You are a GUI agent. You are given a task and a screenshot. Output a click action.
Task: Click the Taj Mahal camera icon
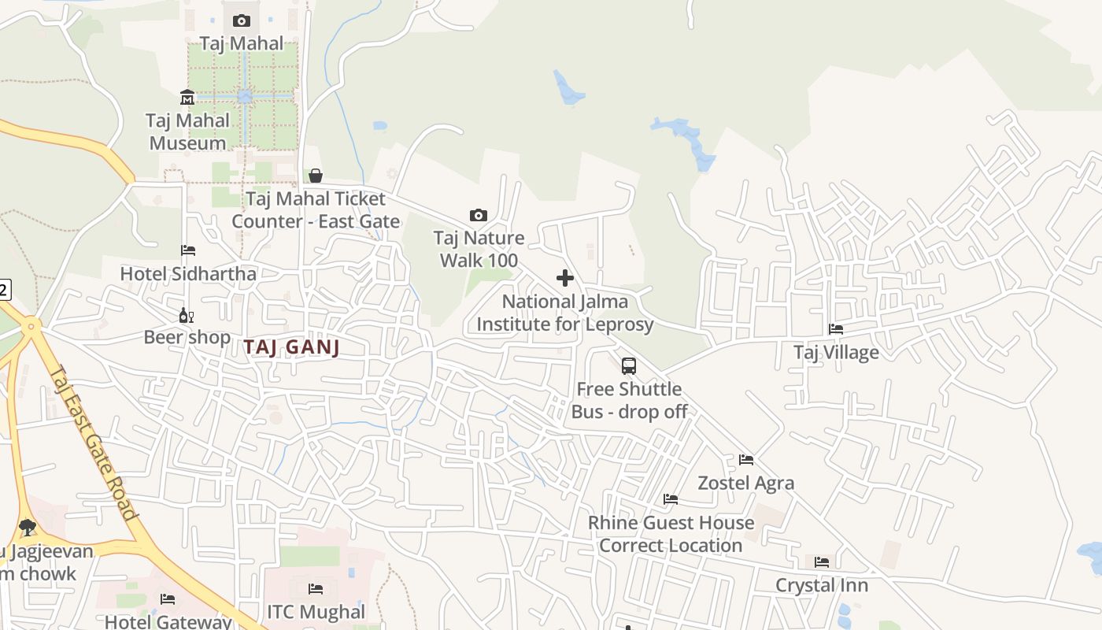[x=242, y=20]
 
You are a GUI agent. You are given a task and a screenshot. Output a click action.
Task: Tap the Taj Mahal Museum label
[x=187, y=132]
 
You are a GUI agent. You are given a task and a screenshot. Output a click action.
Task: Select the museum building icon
[x=187, y=98]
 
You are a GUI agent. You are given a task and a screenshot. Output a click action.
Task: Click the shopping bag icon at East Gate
[x=316, y=176]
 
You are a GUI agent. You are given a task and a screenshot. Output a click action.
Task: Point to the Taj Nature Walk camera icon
[x=478, y=215]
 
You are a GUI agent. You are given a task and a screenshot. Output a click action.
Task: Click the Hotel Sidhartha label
[x=188, y=273]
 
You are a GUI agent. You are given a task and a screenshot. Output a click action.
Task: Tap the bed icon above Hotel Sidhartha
[x=188, y=250]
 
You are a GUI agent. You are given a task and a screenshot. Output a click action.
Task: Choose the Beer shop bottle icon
[x=187, y=316]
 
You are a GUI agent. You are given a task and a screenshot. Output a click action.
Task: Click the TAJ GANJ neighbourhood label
[x=291, y=347]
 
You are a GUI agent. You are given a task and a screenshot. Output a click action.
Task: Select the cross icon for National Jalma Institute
[x=565, y=278]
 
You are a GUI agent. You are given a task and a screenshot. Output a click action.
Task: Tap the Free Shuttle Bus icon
[x=628, y=366]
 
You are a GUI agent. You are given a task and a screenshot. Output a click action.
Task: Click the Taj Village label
[x=836, y=352]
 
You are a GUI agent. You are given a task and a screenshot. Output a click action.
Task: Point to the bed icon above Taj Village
[x=836, y=329]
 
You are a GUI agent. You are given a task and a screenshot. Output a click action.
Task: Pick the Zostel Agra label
[x=746, y=483]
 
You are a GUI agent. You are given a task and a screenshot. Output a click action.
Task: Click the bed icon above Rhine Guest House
[x=671, y=499]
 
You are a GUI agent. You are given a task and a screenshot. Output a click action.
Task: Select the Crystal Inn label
[x=822, y=585]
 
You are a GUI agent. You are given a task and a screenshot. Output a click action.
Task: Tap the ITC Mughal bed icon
[x=316, y=589]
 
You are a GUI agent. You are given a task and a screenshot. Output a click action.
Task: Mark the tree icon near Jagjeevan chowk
[x=28, y=527]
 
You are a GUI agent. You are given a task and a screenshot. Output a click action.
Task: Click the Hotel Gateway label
[x=168, y=621]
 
